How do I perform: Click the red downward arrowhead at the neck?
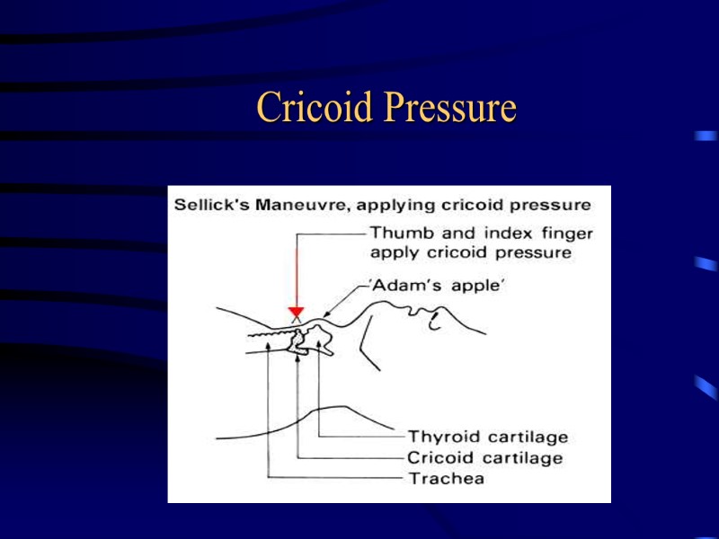coord(295,312)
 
